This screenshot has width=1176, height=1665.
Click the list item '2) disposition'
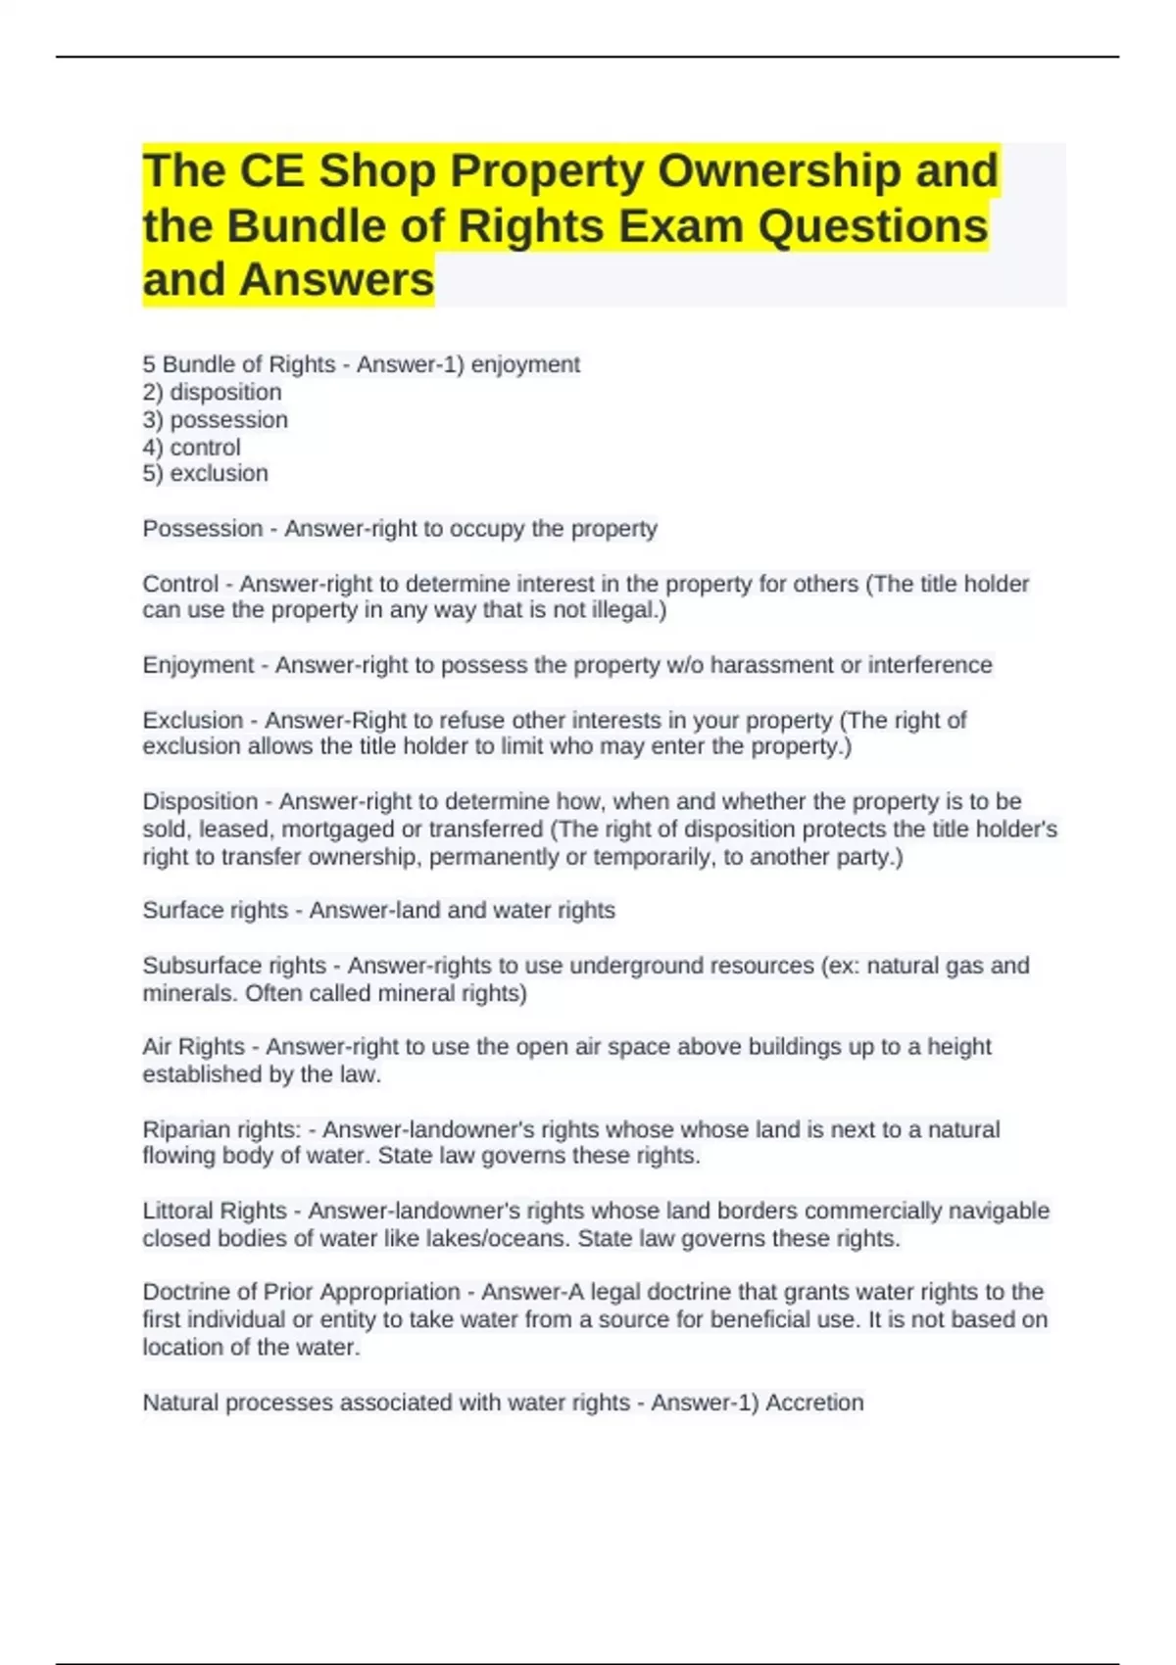(x=212, y=392)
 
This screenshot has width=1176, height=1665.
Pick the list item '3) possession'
(x=215, y=419)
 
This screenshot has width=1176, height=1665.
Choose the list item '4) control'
(x=191, y=447)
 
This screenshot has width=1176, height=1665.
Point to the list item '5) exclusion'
(x=205, y=473)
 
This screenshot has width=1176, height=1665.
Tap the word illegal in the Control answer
(x=624, y=610)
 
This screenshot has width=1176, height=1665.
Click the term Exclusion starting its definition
(x=193, y=720)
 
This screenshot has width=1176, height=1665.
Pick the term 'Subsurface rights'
(x=234, y=966)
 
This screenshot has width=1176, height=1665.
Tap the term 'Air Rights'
(x=193, y=1047)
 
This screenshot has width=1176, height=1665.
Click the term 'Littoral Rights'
(x=215, y=1211)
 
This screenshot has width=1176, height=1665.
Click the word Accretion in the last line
(x=814, y=1403)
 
